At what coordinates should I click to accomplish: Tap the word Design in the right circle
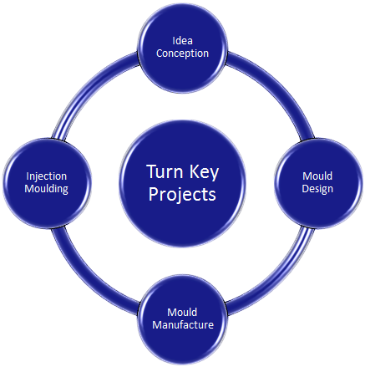coord(317,188)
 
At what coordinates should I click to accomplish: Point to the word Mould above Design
coord(317,176)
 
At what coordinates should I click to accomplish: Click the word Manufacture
coord(183,324)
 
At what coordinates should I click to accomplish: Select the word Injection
coord(46,176)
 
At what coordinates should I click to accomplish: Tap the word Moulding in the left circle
coord(46,189)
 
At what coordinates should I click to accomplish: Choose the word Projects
coord(182,194)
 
